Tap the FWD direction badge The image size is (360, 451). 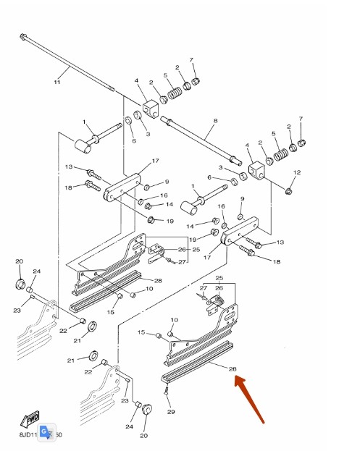(31, 420)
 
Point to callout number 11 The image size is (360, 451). (56, 82)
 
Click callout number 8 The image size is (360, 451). (215, 121)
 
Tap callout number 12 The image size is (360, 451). (297, 172)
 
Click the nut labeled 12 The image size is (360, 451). (288, 191)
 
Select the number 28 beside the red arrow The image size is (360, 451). (233, 369)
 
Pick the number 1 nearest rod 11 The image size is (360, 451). (84, 122)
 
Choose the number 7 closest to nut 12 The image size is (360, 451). (301, 118)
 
